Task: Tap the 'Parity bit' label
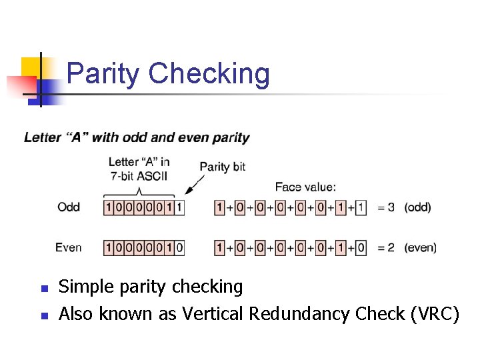(223, 167)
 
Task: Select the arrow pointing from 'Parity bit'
(195, 183)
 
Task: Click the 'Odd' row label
(69, 207)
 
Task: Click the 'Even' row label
(69, 247)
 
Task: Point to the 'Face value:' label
(305, 187)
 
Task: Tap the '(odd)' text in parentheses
(417, 207)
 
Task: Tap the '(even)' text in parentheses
(420, 247)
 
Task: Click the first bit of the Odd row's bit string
(109, 207)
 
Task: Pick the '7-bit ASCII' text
(139, 175)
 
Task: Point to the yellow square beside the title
(30, 67)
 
